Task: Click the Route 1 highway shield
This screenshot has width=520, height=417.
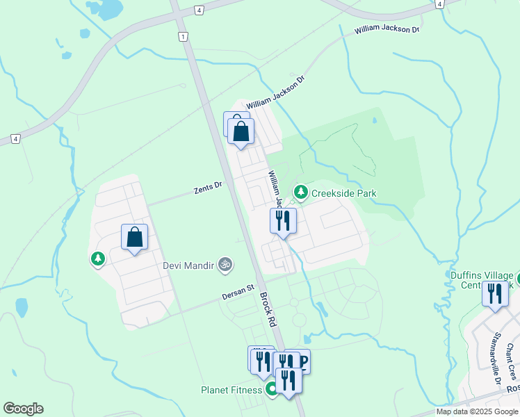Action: tap(182, 36)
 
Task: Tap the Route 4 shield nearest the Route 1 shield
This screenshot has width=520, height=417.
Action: tap(200, 10)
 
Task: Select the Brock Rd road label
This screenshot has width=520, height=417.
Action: tap(268, 309)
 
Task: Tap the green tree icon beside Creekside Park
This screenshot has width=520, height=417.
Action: tap(301, 191)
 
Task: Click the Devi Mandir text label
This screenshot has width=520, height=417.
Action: tap(188, 265)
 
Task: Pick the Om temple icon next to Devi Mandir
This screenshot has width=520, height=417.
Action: tap(224, 264)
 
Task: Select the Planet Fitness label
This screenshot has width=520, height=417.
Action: tap(231, 390)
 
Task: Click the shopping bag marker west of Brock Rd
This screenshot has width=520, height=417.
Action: tap(135, 237)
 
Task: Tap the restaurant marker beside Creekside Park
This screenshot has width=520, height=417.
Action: tap(284, 221)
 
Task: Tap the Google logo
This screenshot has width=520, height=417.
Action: tap(23, 409)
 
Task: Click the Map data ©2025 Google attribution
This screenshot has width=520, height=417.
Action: tap(477, 411)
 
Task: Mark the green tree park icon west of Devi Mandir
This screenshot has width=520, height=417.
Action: tap(97, 259)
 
